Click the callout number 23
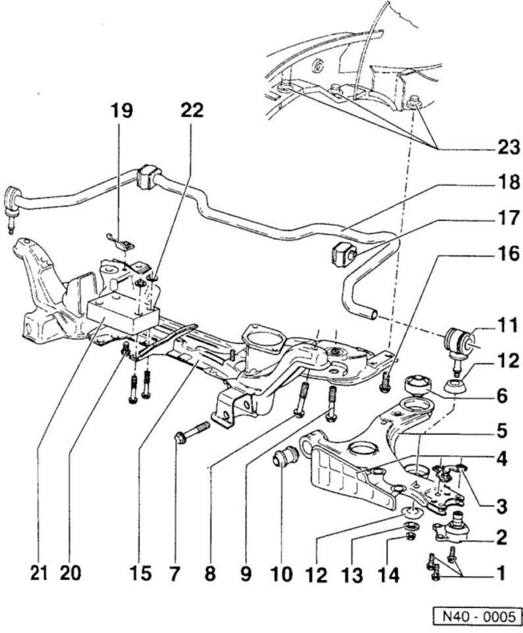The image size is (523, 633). (508, 147)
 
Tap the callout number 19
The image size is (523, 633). (121, 110)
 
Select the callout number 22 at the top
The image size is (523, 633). (192, 110)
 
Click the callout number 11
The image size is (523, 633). (507, 324)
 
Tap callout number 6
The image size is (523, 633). (503, 396)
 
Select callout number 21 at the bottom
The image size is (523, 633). (39, 573)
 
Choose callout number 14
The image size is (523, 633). (388, 574)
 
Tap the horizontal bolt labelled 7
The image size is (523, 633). (192, 432)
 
